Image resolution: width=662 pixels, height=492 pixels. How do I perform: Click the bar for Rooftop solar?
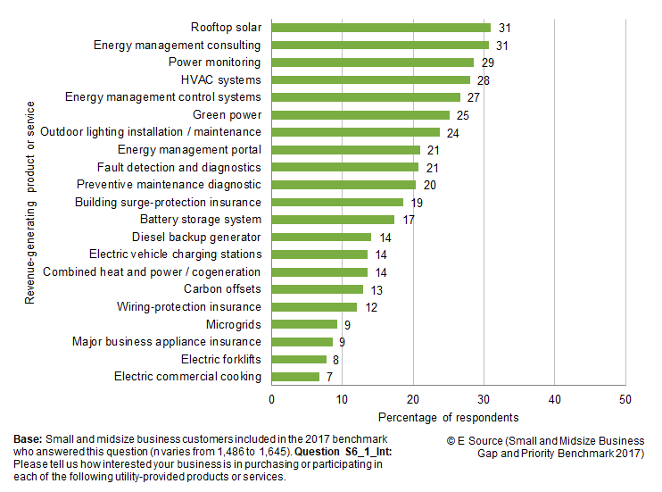(381, 28)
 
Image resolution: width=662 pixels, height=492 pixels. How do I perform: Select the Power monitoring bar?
(373, 63)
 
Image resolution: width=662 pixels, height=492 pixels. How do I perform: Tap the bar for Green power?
(360, 115)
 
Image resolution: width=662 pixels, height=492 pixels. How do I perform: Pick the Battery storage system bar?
(333, 220)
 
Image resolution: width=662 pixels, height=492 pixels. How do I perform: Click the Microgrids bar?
(304, 324)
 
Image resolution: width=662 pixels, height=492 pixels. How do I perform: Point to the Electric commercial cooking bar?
(295, 377)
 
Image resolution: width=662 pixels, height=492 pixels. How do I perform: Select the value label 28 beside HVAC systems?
(484, 80)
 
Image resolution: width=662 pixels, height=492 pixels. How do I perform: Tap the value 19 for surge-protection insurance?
(417, 203)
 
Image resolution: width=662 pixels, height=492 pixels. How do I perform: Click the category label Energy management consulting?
(178, 46)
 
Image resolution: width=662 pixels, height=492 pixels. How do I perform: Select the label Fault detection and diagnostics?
(178, 167)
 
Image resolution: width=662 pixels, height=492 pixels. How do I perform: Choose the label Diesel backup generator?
(196, 237)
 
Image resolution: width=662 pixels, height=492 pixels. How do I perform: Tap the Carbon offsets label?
(222, 289)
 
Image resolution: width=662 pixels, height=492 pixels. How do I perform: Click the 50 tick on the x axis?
(625, 399)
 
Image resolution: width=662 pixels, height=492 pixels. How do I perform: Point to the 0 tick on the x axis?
(271, 399)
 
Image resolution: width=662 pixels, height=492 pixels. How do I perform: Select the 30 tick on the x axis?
(484, 399)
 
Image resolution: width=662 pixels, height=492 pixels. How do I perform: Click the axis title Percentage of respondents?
(448, 417)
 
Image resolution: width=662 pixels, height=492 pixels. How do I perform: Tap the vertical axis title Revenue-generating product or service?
(29, 202)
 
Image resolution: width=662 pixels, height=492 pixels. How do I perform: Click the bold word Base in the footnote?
(27, 440)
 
